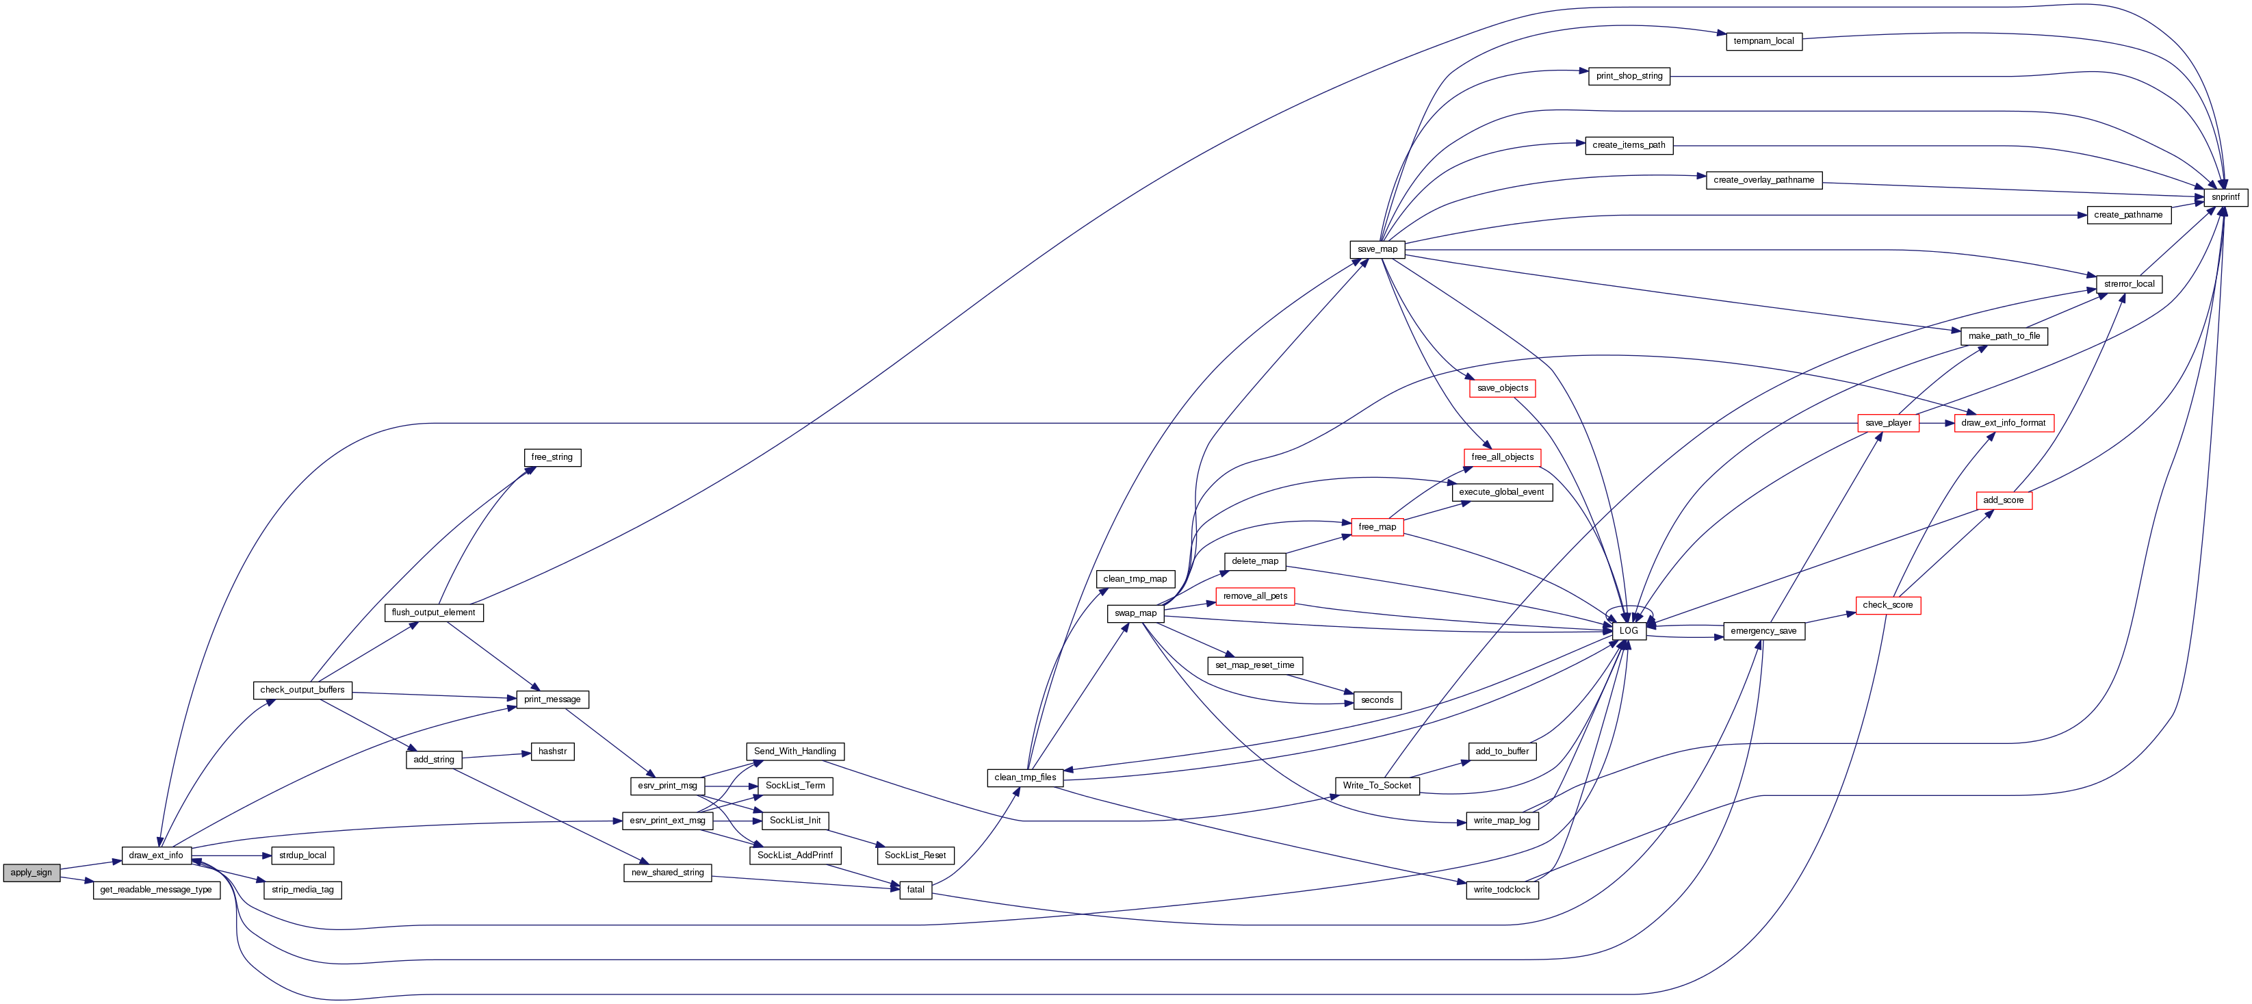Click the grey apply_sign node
tap(31, 873)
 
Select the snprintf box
tap(2225, 198)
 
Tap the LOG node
tap(1629, 630)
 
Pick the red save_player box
tap(1889, 423)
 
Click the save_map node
tap(1377, 249)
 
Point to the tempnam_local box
tap(1763, 41)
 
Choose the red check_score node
tap(1887, 605)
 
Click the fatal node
tap(916, 890)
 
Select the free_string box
tap(552, 457)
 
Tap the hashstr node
tap(552, 751)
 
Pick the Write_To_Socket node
tap(1377, 786)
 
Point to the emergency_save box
tap(1763, 630)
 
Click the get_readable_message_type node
tap(155, 890)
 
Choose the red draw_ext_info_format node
tap(2004, 423)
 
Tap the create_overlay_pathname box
tap(1763, 180)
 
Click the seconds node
tap(1377, 699)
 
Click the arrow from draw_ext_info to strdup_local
tap(232, 855)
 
